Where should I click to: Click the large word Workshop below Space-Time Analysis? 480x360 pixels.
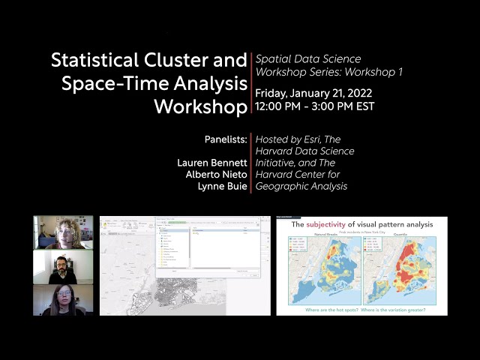pyautogui.click(x=200, y=106)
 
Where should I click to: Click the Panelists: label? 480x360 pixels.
pyautogui.click(x=225, y=139)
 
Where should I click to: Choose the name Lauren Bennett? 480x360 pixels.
pyautogui.click(x=211, y=163)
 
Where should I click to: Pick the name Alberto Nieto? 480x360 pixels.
pyautogui.click(x=216, y=174)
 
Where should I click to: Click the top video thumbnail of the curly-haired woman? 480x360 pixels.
pyautogui.click(x=63, y=232)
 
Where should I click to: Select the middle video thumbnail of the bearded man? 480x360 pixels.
pyautogui.click(x=63, y=267)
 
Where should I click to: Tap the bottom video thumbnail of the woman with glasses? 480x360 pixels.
pyautogui.click(x=63, y=300)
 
